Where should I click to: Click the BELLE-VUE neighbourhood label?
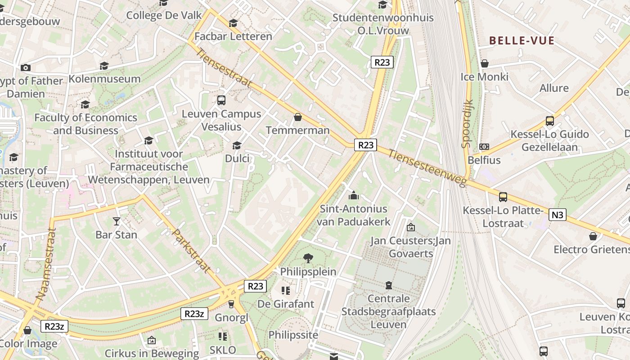(x=522, y=40)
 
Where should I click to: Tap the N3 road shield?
(x=557, y=215)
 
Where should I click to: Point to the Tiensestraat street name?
(x=224, y=68)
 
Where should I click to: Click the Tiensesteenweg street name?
(x=427, y=167)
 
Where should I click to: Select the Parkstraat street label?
(x=192, y=251)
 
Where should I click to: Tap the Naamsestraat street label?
(x=45, y=264)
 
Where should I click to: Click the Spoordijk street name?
(x=467, y=124)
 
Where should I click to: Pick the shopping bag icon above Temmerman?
(x=297, y=117)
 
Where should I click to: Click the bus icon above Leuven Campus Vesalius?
(x=221, y=100)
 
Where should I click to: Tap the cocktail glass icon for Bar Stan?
(x=117, y=221)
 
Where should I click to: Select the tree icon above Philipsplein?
(x=308, y=258)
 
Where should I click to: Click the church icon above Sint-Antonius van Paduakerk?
(x=354, y=195)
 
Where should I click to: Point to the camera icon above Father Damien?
(x=26, y=67)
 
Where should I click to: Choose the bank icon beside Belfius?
(x=484, y=147)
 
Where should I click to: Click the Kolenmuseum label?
(x=104, y=79)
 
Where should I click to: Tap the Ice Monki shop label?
(x=484, y=76)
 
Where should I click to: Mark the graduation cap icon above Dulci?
(x=237, y=145)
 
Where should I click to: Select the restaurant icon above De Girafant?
(x=286, y=291)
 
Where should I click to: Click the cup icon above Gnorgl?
(x=231, y=304)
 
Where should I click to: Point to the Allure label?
(x=554, y=88)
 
